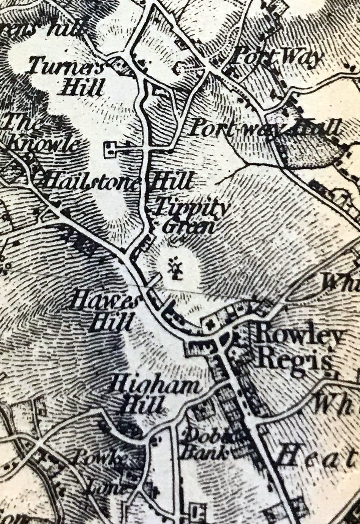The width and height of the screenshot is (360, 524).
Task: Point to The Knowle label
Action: [42, 133]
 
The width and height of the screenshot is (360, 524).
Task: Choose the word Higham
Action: [155, 387]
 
